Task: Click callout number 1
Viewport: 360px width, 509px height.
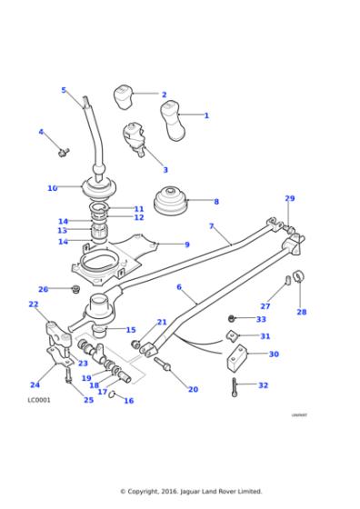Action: click(206, 115)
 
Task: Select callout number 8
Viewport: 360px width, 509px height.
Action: click(215, 202)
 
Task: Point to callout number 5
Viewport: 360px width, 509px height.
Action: click(64, 90)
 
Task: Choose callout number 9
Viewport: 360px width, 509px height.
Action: click(186, 245)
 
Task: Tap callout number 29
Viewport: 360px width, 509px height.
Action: click(290, 198)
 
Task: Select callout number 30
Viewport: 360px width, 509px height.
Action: click(274, 354)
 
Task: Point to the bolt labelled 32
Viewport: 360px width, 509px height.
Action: click(235, 388)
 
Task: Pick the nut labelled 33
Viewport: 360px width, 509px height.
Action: click(233, 318)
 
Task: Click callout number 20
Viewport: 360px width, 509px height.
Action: click(193, 390)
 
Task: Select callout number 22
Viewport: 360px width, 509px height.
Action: click(34, 304)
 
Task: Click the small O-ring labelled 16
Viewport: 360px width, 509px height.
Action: click(112, 395)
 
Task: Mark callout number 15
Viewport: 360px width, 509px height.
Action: click(131, 330)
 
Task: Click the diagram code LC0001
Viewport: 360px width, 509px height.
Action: click(39, 401)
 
